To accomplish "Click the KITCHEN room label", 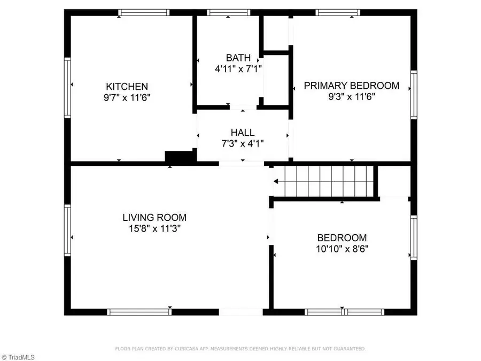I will click(127, 87).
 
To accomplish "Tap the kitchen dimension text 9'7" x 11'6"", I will click(127, 98).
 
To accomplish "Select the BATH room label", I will click(237, 58).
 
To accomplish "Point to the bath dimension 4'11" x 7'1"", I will click(237, 68).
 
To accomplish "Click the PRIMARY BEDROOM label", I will click(351, 86).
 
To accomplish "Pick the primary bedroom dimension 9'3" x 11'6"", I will click(351, 97).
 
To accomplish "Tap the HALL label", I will click(242, 133).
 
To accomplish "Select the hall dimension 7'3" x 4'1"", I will click(242, 143).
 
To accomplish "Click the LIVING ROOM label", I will click(154, 218).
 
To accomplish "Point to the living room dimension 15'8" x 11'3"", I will click(154, 228).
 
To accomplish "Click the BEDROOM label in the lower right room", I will click(342, 238).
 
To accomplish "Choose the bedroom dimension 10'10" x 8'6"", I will click(342, 249).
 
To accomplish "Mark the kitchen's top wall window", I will click(144, 12).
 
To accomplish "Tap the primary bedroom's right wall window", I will click(413, 95).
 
